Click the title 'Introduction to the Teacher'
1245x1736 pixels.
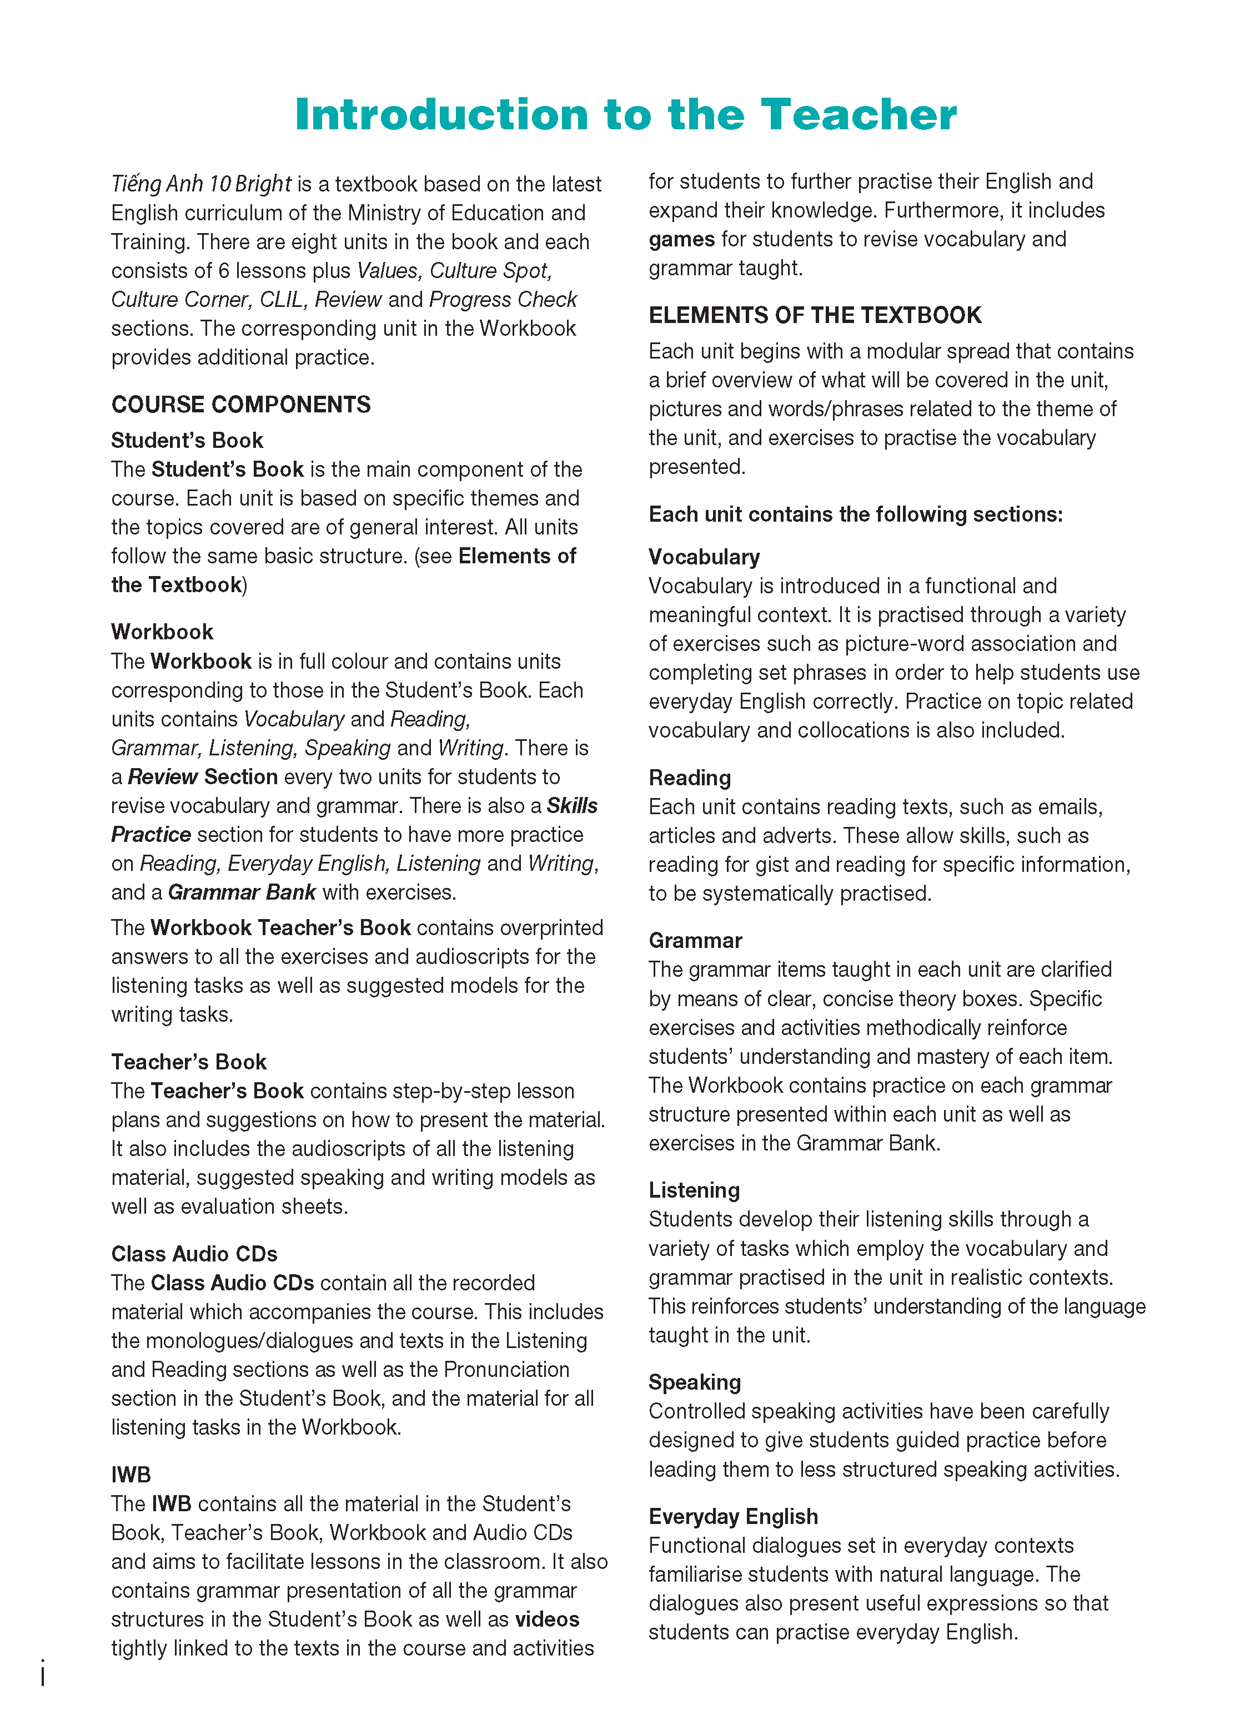[x=625, y=115]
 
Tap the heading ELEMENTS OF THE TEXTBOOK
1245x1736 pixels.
[x=815, y=315]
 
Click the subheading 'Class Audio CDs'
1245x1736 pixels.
[x=194, y=1253]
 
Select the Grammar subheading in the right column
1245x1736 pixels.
[x=695, y=940]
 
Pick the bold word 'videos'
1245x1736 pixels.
[x=546, y=1619]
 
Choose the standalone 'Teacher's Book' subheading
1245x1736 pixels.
[x=188, y=1062]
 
